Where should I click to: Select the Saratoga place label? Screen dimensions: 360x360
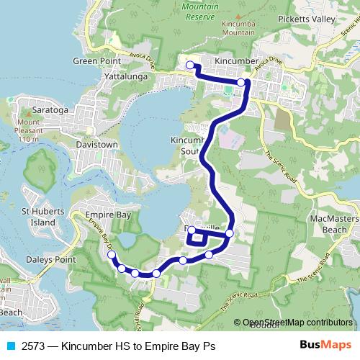pyautogui.click(x=48, y=112)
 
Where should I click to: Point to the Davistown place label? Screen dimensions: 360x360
pyautogui.click(x=96, y=144)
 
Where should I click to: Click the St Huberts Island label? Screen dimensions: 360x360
pyautogui.click(x=38, y=217)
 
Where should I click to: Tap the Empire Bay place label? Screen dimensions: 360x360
pyautogui.click(x=106, y=215)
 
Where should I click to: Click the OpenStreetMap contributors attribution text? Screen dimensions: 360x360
pyautogui.click(x=287, y=323)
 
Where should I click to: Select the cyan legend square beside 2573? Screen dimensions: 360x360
pyautogui.click(x=10, y=346)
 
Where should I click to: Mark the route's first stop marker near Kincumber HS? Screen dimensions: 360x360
pyautogui.click(x=190, y=66)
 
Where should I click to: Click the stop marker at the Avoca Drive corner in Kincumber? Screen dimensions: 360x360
pyautogui.click(x=242, y=83)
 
